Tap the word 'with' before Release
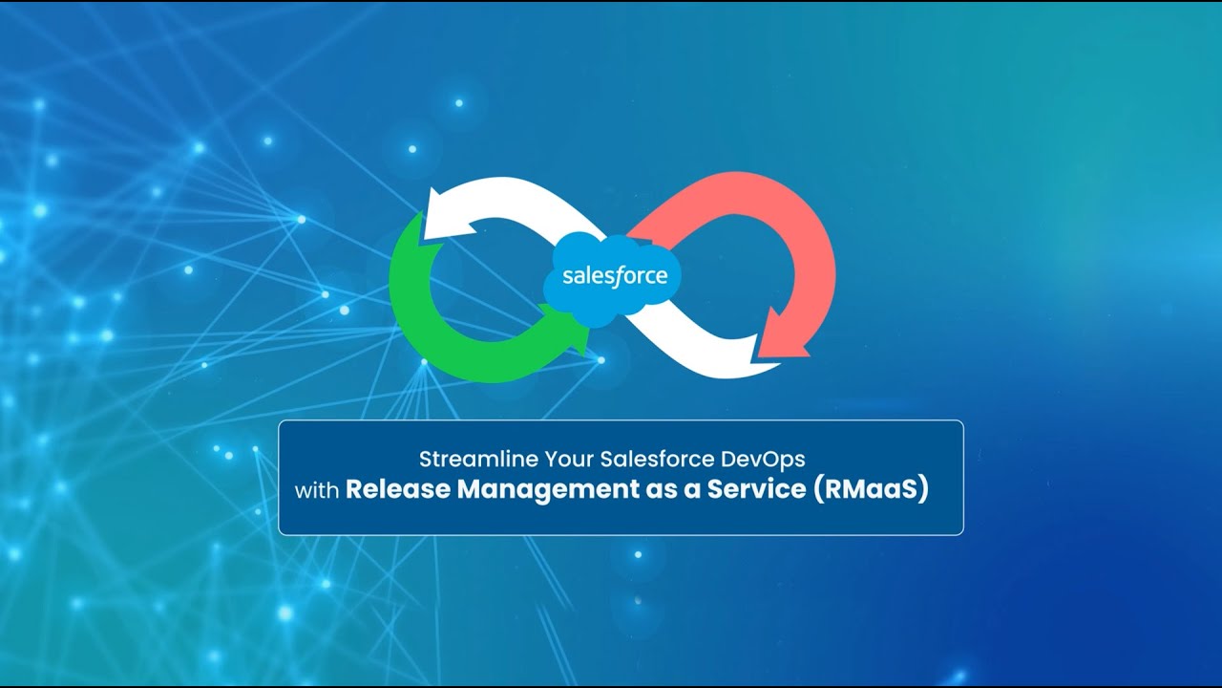(317, 491)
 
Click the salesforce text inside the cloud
(614, 277)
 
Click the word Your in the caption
(568, 459)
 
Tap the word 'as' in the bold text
(663, 490)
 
